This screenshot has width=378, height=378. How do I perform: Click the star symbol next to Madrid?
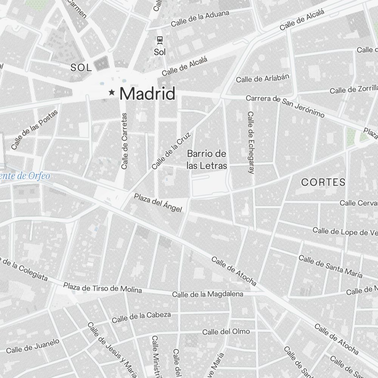coord(112,92)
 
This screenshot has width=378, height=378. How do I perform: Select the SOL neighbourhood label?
coord(81,68)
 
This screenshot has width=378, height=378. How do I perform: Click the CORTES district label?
coord(323,182)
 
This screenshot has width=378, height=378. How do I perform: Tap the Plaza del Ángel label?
coord(158,203)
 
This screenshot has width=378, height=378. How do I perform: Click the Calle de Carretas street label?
coord(124,141)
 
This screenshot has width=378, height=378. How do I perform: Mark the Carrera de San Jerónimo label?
coord(285,105)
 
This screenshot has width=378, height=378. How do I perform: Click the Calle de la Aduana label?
coord(200,19)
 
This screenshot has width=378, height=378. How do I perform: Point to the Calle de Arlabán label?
coord(263,78)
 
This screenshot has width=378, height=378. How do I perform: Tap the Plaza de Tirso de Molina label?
coord(102,288)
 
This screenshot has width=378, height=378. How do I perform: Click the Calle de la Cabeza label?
coord(141,317)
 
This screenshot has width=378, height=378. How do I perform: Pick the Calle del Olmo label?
coord(226,332)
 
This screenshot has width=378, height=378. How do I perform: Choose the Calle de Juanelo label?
coord(33,345)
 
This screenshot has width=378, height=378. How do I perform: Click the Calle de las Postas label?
coord(34,129)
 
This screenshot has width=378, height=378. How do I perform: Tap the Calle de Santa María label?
coord(330,266)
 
